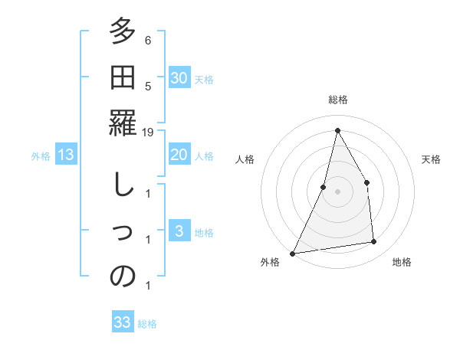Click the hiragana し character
(x=123, y=185)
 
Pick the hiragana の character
(x=123, y=277)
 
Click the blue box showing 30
(x=179, y=78)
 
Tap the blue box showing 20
(x=179, y=155)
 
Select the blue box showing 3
(x=179, y=232)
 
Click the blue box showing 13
(x=66, y=155)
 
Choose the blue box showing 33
(x=123, y=322)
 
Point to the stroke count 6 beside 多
(x=148, y=41)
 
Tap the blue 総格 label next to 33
(x=147, y=324)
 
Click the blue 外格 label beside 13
(x=41, y=156)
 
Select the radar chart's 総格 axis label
(x=338, y=100)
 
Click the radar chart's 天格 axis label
(x=431, y=159)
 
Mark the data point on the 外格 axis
(x=292, y=254)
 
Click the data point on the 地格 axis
(x=374, y=242)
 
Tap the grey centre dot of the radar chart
(x=338, y=191)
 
